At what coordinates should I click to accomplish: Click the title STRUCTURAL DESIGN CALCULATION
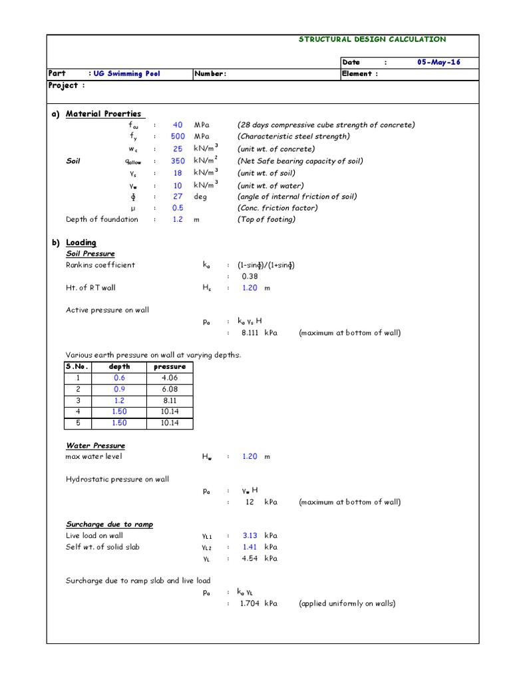click(373, 39)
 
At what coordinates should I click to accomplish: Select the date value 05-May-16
click(438, 62)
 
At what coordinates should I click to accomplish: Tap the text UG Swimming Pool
click(126, 74)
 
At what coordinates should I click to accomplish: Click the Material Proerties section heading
click(103, 114)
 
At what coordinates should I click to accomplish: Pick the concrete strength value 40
click(178, 125)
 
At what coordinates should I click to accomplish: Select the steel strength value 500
click(178, 137)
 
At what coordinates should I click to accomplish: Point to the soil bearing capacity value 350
click(178, 161)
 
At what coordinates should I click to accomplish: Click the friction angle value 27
click(178, 197)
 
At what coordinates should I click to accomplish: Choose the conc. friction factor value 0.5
click(178, 208)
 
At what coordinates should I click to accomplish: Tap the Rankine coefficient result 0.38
click(250, 276)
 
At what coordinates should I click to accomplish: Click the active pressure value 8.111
click(248, 333)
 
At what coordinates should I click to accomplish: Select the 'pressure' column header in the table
click(170, 367)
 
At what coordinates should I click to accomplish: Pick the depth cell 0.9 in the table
click(119, 390)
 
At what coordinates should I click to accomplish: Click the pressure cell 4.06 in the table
click(170, 378)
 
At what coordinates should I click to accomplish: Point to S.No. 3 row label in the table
click(78, 401)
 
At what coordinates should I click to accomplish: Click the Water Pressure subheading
click(95, 446)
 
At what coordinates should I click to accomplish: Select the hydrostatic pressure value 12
click(250, 502)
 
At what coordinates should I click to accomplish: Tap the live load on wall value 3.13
click(250, 535)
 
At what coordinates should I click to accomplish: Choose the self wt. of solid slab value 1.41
click(250, 547)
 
